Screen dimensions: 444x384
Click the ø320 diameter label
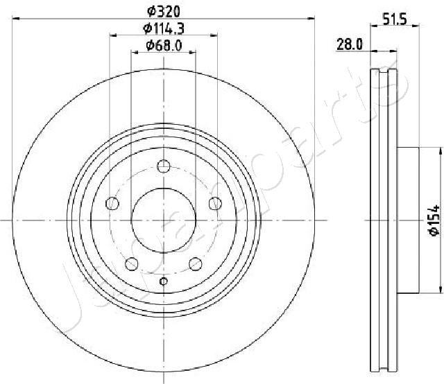[x=164, y=11]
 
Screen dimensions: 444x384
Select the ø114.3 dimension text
[x=164, y=28]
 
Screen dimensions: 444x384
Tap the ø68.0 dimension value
[x=164, y=45]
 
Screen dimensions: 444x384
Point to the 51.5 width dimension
[x=395, y=19]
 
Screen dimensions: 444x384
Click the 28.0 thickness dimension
[x=350, y=44]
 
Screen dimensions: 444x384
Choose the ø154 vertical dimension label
[x=434, y=220]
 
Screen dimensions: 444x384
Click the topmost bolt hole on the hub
[x=164, y=166]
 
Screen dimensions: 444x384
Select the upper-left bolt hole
[x=112, y=203]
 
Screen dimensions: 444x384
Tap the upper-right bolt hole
[x=215, y=203]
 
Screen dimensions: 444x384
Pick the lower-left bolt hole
[x=132, y=263]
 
